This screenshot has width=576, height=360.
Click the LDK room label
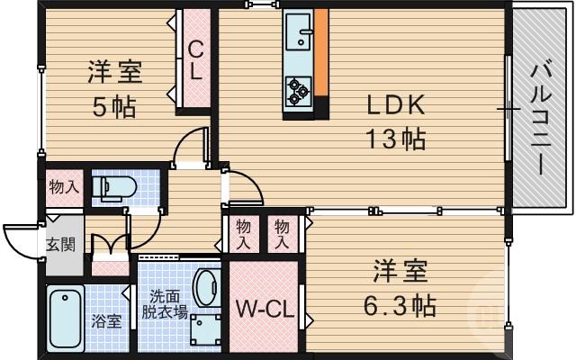394,104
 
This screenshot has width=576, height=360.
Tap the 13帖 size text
394,139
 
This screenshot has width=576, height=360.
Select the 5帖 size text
115,107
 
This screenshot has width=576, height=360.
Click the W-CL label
266,311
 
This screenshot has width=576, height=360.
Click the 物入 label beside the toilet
63,187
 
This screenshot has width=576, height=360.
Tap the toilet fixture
116,188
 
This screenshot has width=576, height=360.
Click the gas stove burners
298,87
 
